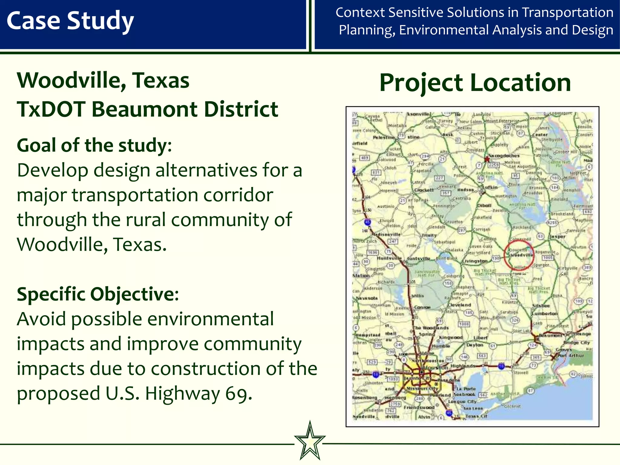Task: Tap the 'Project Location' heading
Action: click(475, 83)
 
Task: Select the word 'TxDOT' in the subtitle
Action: click(51, 109)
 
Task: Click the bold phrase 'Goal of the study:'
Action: click(94, 146)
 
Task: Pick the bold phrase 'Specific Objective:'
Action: click(98, 294)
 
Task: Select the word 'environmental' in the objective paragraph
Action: click(206, 319)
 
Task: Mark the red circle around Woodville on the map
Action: click(519, 255)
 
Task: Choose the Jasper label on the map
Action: click(557, 236)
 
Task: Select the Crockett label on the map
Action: click(424, 190)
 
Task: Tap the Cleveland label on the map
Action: click(459, 305)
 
